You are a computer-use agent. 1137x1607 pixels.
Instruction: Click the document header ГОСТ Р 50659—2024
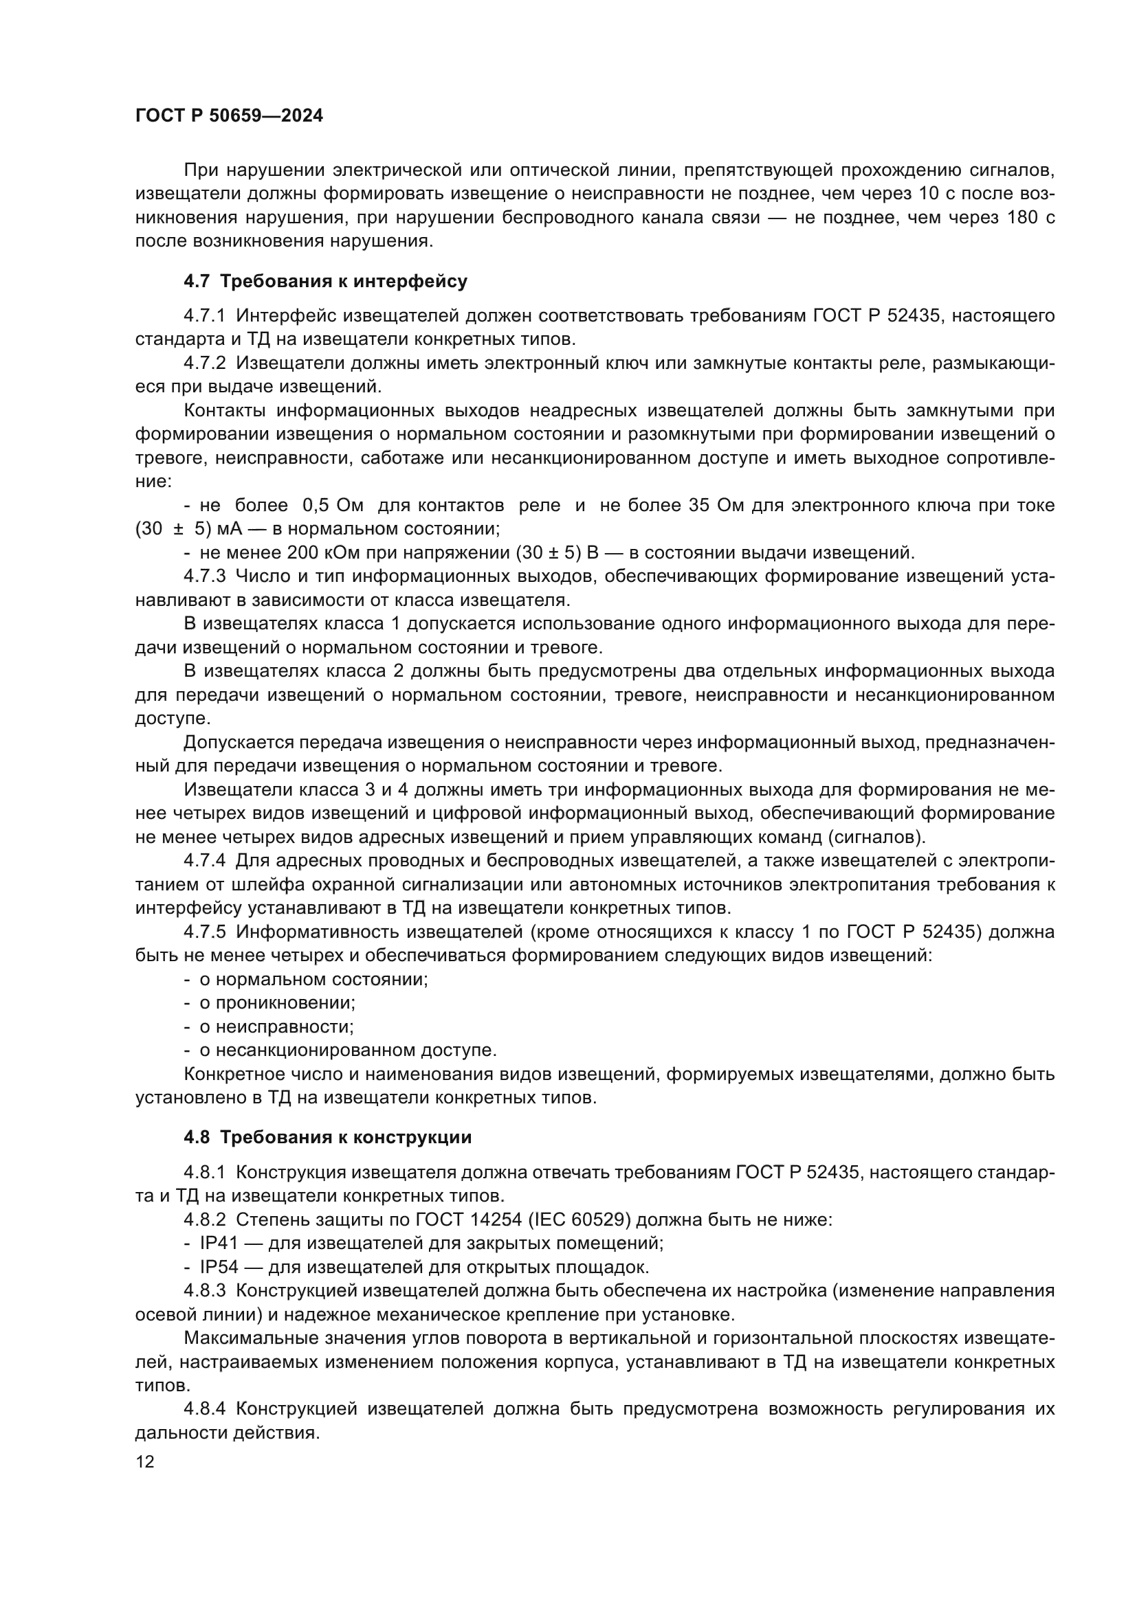[x=229, y=116]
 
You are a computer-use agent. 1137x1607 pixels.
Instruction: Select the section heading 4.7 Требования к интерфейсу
[x=326, y=282]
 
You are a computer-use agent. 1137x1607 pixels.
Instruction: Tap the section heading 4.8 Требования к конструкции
[x=328, y=1137]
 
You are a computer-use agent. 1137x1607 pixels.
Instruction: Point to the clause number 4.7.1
[x=204, y=315]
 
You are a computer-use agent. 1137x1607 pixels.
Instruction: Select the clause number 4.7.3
[x=204, y=576]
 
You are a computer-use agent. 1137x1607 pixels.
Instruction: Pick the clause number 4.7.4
[x=204, y=860]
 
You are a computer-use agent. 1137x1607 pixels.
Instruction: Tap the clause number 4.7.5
[x=204, y=932]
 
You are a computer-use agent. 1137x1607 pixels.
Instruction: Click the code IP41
[x=219, y=1244]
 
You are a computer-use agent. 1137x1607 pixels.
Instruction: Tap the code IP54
[x=219, y=1268]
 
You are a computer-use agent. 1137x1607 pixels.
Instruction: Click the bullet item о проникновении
[x=277, y=1003]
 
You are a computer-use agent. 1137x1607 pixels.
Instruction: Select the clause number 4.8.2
[x=204, y=1220]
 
